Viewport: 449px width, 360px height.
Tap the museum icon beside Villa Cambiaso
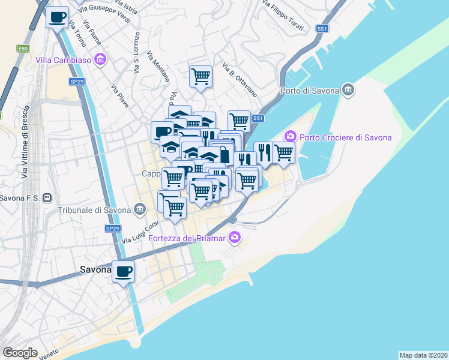100,60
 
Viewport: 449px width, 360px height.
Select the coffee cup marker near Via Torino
57,18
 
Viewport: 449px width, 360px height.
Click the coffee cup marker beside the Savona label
123,272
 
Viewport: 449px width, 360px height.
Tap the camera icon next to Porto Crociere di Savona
291,137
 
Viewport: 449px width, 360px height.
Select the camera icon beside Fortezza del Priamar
235,238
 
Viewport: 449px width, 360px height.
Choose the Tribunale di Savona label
94,210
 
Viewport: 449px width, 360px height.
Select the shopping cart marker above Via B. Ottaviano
200,77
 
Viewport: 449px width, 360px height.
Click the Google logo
20,353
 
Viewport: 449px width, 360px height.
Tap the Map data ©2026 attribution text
423,355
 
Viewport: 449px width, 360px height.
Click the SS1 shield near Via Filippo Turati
323,28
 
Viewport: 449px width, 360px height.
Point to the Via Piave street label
120,96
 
